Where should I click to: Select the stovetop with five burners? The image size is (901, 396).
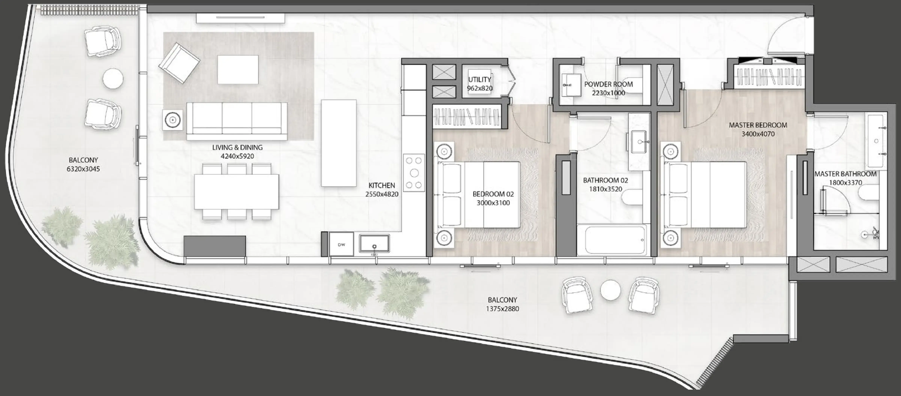point(414,173)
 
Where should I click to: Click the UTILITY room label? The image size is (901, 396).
point(480,80)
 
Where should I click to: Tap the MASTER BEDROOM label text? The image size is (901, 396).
point(758,125)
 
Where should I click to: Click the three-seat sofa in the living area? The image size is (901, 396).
point(237,121)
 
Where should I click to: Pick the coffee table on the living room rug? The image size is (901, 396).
point(238,70)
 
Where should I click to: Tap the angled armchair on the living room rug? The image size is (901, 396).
point(179,63)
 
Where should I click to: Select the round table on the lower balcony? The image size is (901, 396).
point(610,290)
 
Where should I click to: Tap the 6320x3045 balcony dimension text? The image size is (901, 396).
point(83,169)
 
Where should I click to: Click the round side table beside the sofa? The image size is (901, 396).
point(172,120)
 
